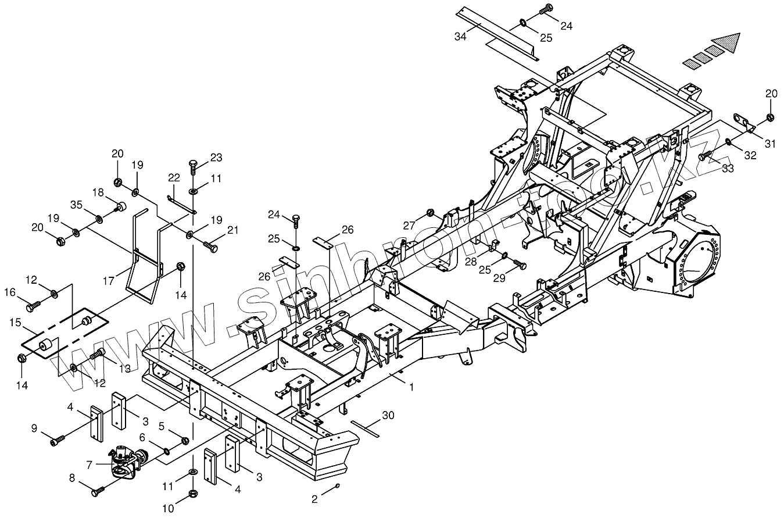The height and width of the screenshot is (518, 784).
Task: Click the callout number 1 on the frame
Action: coord(411,387)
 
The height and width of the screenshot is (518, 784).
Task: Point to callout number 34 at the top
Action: coord(460,37)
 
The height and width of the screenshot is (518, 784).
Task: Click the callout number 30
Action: coord(388,415)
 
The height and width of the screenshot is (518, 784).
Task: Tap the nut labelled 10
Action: coord(192,495)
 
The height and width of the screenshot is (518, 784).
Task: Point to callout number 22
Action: coord(173,177)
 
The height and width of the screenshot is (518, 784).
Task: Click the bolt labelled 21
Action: coord(210,248)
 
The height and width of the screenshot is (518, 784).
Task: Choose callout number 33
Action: coord(728,168)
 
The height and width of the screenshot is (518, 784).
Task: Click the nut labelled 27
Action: coord(431,212)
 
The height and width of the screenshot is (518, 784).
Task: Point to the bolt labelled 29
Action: coord(520,265)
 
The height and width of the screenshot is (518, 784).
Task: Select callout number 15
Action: coord(15,321)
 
